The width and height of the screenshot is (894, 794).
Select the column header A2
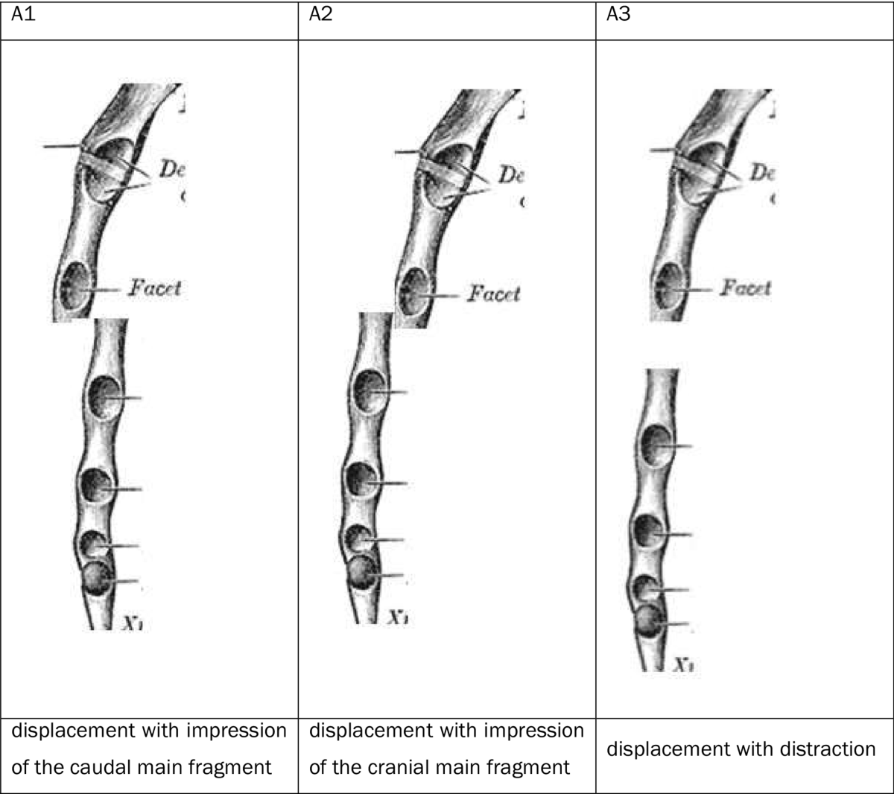[x=320, y=16]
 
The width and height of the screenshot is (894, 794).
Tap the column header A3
[x=618, y=16]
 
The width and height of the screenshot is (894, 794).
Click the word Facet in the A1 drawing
[x=154, y=288]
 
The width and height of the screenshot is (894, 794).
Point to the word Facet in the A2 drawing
[x=494, y=294]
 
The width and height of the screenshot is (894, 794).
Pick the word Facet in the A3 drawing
[x=745, y=288]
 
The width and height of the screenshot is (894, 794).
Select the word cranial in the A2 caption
[x=436, y=767]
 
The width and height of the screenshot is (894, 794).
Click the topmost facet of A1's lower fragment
[x=104, y=397]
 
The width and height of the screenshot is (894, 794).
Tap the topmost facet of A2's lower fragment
[x=369, y=391]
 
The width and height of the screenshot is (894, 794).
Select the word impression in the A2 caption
[x=534, y=731]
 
